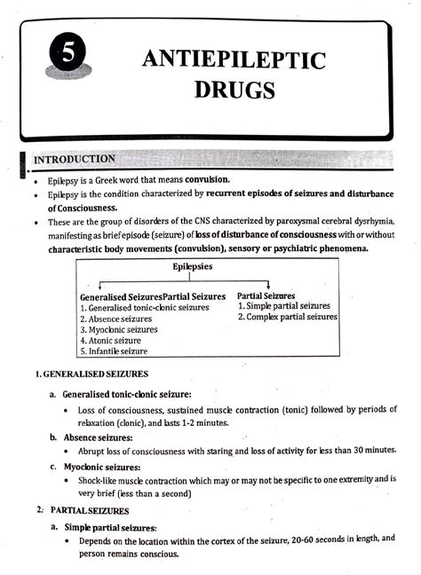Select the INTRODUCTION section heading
75,160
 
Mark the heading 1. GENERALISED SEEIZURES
91,374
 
